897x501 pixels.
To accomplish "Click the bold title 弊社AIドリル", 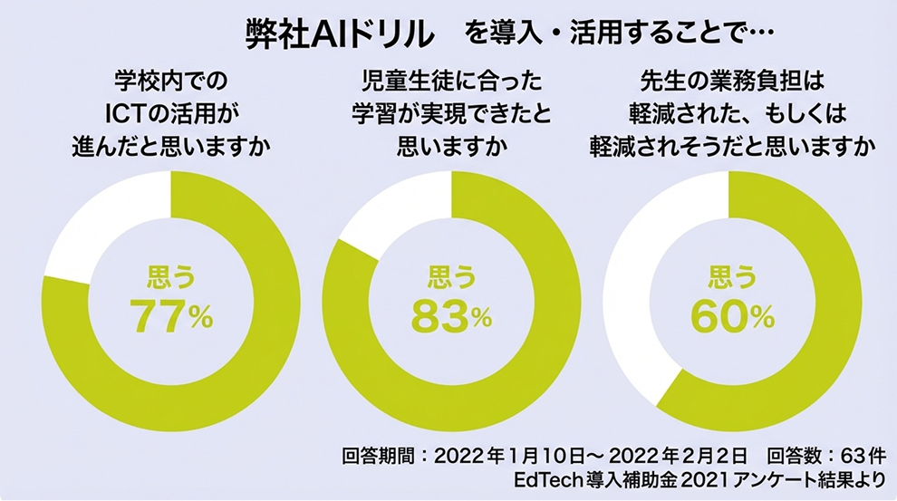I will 340,34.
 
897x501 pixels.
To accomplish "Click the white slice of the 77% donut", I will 109,226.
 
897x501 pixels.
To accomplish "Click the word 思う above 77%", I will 171,277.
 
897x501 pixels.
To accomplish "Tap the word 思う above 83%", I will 451,277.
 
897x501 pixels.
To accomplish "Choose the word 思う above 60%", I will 732,277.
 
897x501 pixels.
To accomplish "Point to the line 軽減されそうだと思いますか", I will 732,147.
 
